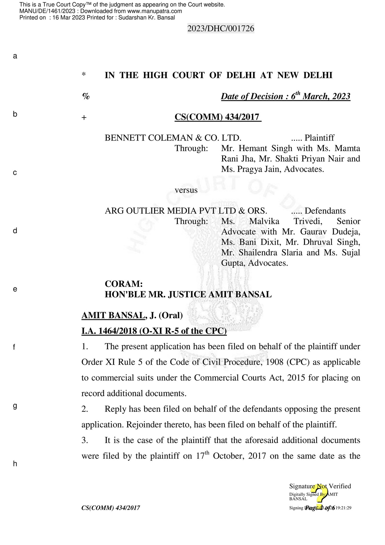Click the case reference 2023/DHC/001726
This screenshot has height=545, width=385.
pos(221,29)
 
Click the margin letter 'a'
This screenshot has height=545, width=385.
pos(15,56)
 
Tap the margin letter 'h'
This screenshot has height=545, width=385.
pos(15,464)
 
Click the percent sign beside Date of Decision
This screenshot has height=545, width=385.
pos(86,96)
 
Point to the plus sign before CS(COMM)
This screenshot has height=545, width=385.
pos(84,118)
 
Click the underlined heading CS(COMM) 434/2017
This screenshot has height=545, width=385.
pos(218,117)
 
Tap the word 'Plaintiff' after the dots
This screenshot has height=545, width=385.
pos(319,138)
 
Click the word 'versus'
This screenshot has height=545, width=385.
pos(186,190)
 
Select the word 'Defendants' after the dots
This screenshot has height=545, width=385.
pos(325,211)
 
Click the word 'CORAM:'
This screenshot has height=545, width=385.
pos(124,284)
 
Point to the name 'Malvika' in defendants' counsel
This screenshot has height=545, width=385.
pos(264,221)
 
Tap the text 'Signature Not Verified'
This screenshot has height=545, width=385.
pos(320,486)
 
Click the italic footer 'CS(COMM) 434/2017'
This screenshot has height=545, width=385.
pos(111,508)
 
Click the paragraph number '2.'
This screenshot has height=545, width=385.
pos(85,409)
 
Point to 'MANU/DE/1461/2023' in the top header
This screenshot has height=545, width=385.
pos(47,11)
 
